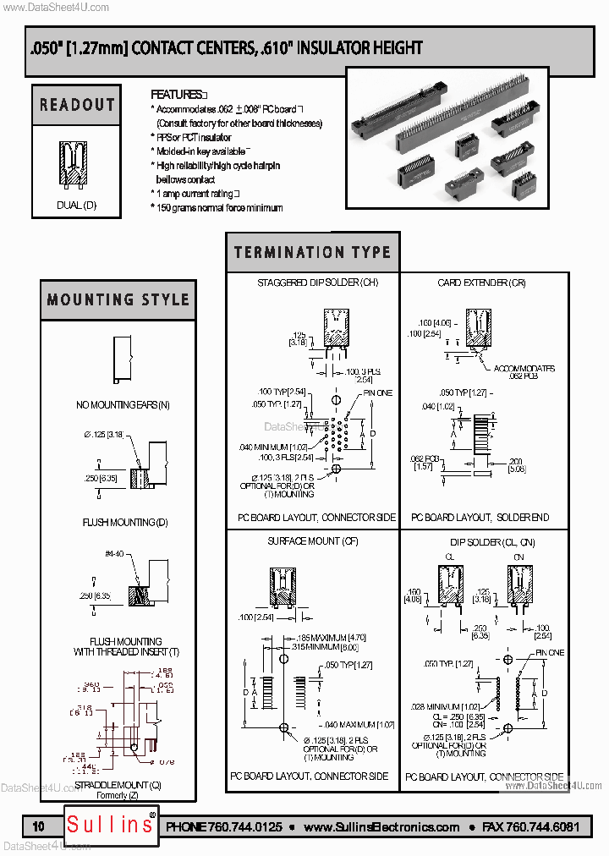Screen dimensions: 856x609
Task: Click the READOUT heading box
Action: [77, 105]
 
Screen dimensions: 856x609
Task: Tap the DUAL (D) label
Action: [77, 205]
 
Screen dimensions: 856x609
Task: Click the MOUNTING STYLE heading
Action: [118, 299]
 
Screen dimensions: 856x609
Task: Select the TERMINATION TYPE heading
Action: [312, 252]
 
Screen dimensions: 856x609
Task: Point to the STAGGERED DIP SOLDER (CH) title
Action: [312, 283]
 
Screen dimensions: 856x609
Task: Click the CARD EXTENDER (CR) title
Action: [481, 283]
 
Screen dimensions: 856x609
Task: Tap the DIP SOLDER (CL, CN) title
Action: [481, 541]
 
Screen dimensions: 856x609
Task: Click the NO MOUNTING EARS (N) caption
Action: [123, 405]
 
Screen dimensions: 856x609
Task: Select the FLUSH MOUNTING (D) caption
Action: [118, 523]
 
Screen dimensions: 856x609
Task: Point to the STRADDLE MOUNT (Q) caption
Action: [118, 786]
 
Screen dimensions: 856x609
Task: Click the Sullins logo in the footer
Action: [110, 825]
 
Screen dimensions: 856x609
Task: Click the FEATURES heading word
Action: [176, 95]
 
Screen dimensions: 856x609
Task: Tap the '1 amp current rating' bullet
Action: [195, 194]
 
